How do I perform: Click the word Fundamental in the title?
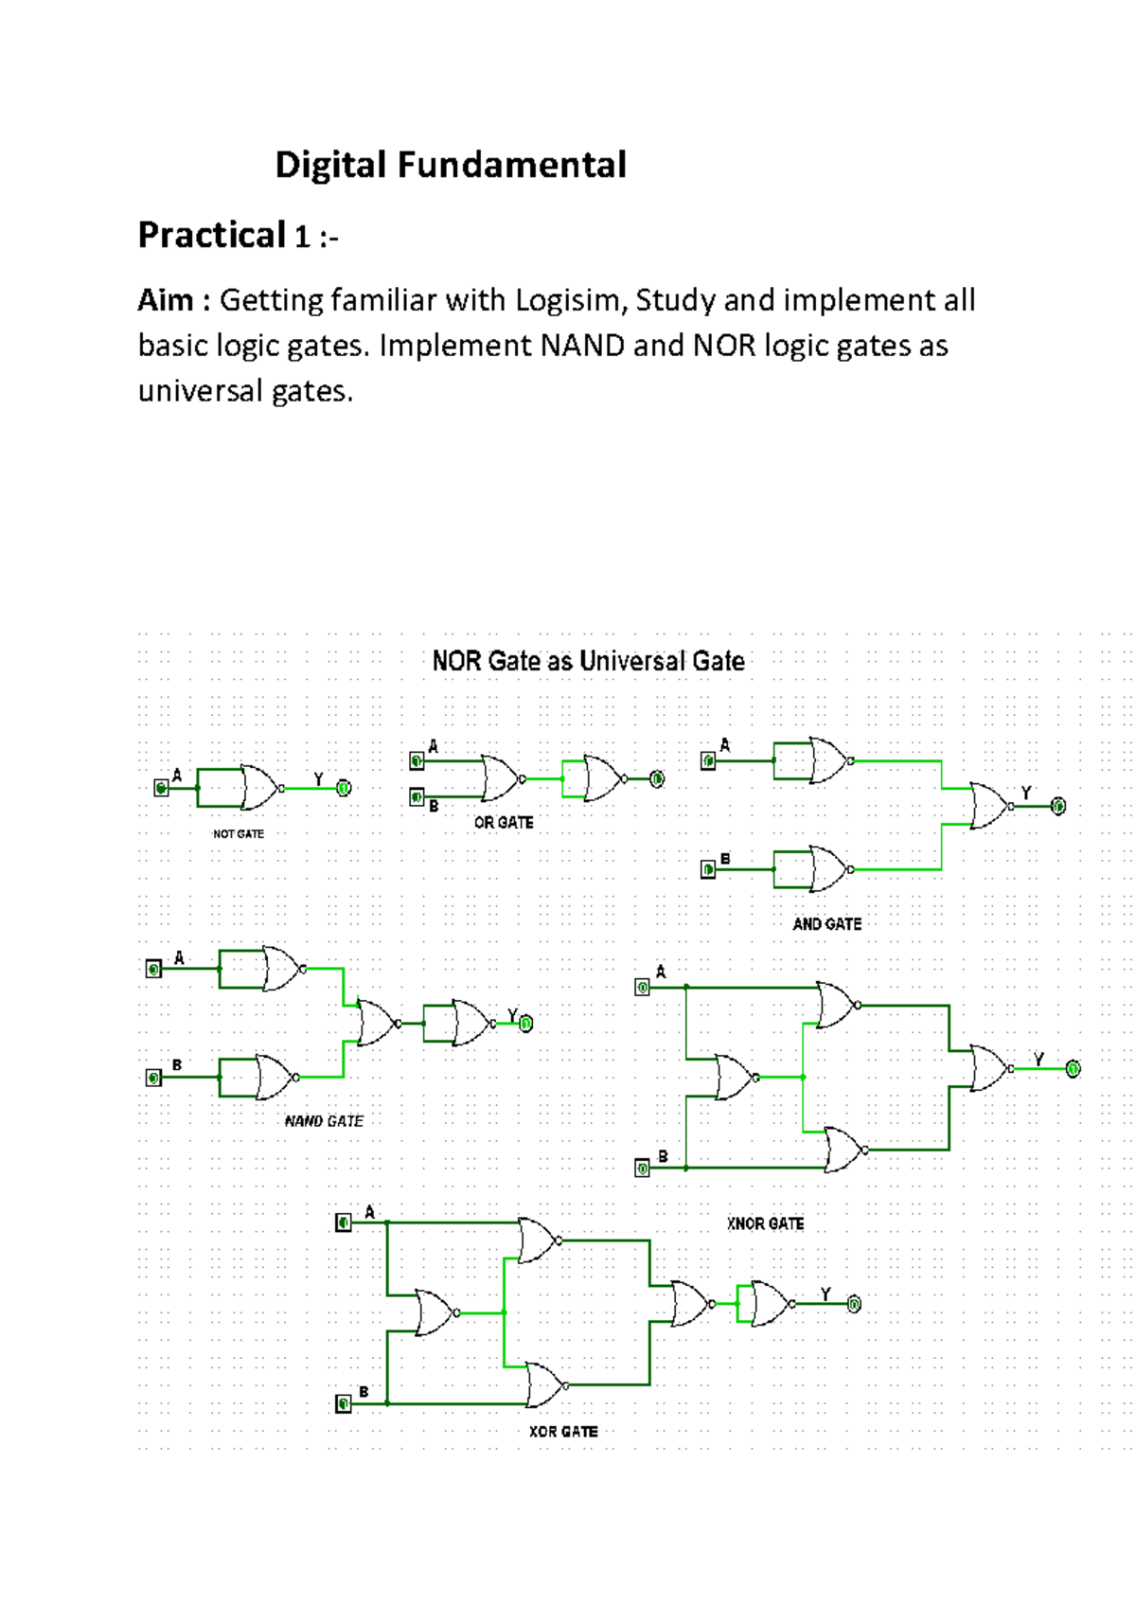click(x=511, y=166)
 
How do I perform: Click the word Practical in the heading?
click(x=212, y=235)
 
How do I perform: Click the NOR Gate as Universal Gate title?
click(x=588, y=661)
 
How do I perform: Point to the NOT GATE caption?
click(x=238, y=834)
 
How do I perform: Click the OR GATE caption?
click(x=504, y=823)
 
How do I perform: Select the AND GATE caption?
click(x=826, y=924)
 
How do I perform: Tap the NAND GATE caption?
click(x=324, y=1121)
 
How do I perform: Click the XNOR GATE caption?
click(x=765, y=1223)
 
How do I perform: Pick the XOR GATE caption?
click(x=563, y=1432)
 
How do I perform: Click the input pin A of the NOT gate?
click(x=162, y=788)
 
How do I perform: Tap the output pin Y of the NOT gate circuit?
click(x=345, y=788)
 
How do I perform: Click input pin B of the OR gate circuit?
click(x=417, y=797)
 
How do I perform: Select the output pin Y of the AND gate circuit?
click(x=1058, y=806)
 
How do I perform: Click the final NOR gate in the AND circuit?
click(x=990, y=806)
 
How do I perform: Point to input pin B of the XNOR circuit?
click(x=642, y=1169)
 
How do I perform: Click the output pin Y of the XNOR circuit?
click(x=1073, y=1069)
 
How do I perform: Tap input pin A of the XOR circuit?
click(x=344, y=1223)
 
